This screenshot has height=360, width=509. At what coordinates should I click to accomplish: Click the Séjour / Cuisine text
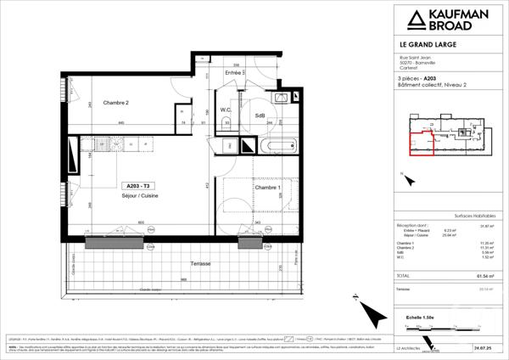click(x=138, y=195)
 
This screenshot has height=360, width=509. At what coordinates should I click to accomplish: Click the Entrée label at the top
click(x=235, y=73)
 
